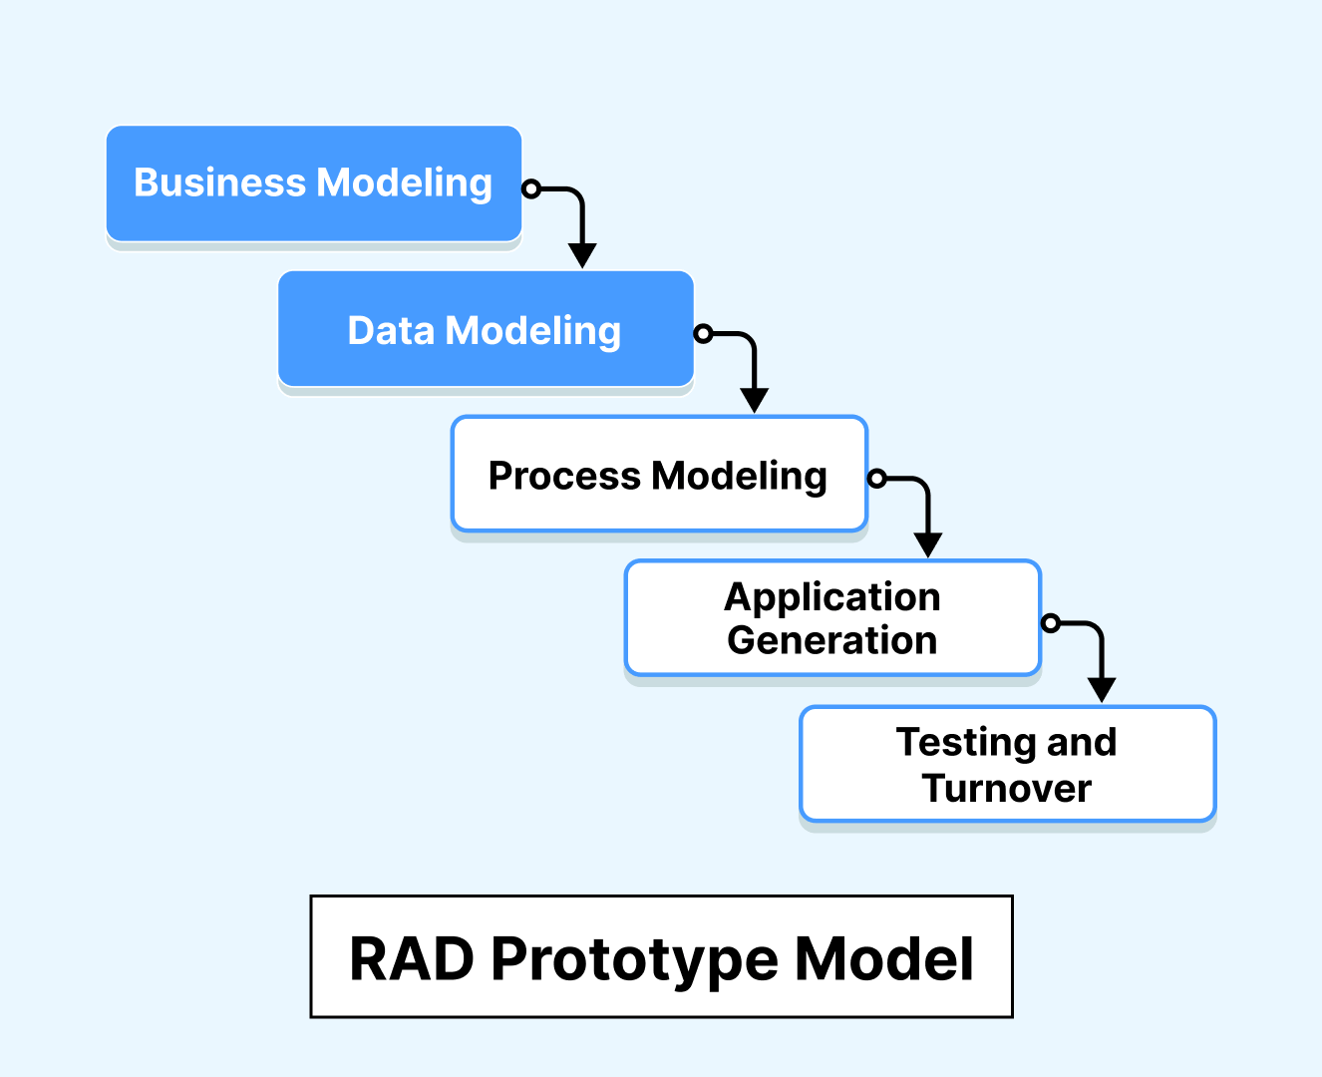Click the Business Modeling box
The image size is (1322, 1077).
pyautogui.click(x=314, y=183)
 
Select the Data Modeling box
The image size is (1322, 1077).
pyautogui.click(x=486, y=329)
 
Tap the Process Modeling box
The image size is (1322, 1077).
pyautogui.click(x=659, y=475)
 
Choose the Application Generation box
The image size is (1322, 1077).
pyautogui.click(x=832, y=618)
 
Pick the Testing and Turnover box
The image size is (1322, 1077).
pyautogui.click(x=1007, y=764)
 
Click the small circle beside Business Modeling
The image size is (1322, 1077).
pyautogui.click(x=532, y=188)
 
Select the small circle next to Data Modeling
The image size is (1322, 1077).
pyautogui.click(x=704, y=334)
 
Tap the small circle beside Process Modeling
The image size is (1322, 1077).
pyautogui.click(x=877, y=479)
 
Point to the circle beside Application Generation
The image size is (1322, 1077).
pyautogui.click(x=1051, y=623)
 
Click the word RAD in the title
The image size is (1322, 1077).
pyautogui.click(x=411, y=959)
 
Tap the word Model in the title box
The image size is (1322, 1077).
pyautogui.click(x=884, y=959)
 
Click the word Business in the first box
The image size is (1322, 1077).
pyautogui.click(x=219, y=182)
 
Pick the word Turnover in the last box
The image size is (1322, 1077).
pyautogui.click(x=1007, y=788)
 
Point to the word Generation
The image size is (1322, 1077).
pyautogui.click(x=832, y=640)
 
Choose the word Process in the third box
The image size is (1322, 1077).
pyautogui.click(x=564, y=476)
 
